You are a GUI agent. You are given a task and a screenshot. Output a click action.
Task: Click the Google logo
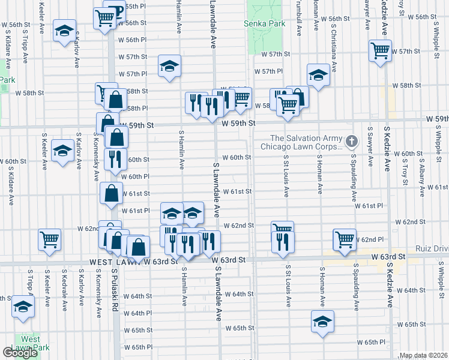pyautogui.click(x=20, y=353)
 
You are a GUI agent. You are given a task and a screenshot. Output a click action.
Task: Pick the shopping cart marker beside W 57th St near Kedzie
pyautogui.click(x=380, y=50)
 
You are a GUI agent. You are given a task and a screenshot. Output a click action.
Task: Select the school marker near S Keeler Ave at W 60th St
pyautogui.click(x=62, y=151)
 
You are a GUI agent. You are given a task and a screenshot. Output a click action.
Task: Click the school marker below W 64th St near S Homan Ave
pyautogui.click(x=322, y=321)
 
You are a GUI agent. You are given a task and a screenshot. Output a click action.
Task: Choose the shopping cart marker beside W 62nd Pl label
pyautogui.click(x=345, y=238)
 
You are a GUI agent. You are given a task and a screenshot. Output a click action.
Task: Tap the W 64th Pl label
pyautogui.click(x=137, y=313)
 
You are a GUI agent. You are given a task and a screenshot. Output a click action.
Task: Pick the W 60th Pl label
pyautogui.click(x=134, y=176)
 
